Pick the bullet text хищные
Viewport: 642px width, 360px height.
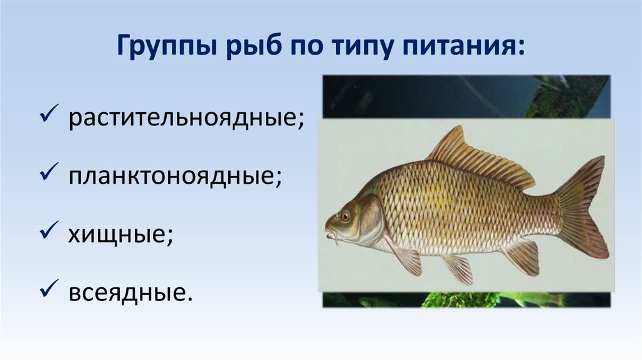tap(117, 234)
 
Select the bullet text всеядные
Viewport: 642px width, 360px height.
tap(127, 292)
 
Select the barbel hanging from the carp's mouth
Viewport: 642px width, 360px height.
tap(335, 238)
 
